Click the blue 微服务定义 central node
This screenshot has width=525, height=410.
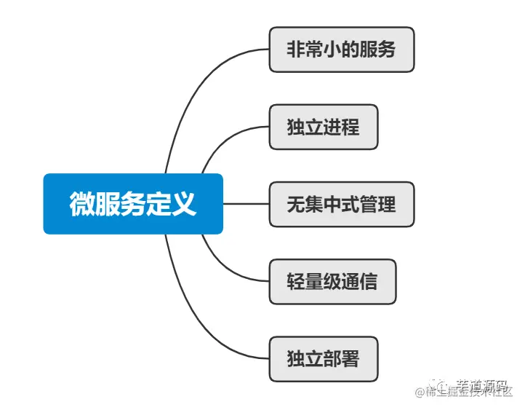point(133,204)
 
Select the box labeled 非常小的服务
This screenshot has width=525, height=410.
point(341,50)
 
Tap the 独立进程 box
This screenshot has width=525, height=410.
point(323,127)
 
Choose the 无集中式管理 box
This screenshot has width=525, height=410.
point(341,204)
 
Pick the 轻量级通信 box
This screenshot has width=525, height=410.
point(332,281)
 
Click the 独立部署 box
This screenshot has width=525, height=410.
point(323,358)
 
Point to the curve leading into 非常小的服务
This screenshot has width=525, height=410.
point(196,87)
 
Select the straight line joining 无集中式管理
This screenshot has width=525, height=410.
point(246,204)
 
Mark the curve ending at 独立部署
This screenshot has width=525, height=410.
point(196,320)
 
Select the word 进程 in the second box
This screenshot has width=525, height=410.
point(341,127)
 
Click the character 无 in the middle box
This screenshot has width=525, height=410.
point(296,204)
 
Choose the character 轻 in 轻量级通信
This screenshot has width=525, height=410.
point(296,281)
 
